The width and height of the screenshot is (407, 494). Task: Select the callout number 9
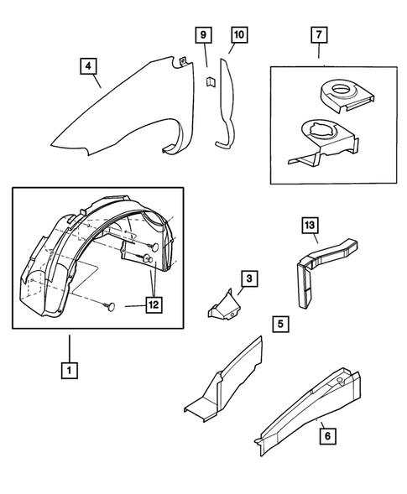[202, 35]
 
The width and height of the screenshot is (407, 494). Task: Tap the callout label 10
[237, 35]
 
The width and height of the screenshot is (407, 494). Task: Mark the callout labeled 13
[309, 226]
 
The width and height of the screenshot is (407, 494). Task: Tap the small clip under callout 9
[211, 81]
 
